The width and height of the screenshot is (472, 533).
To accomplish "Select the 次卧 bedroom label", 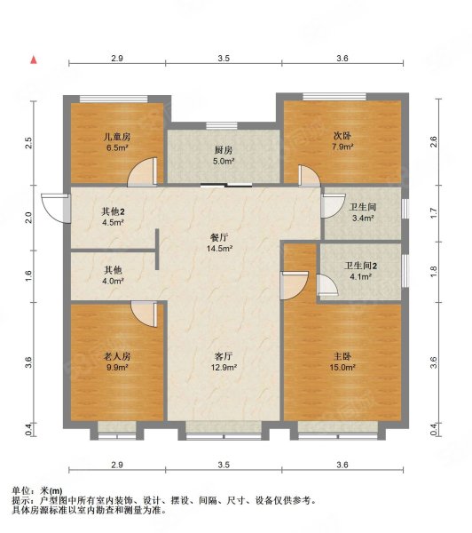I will point(342,137).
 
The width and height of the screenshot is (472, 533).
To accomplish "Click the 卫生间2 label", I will point(361,266).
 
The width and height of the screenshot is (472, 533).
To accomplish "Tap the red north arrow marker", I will point(34,60).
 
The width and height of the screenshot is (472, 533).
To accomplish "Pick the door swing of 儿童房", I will point(142,173).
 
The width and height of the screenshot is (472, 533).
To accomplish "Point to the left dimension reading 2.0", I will point(28,216).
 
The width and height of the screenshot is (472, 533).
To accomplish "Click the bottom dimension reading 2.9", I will point(116,465).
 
